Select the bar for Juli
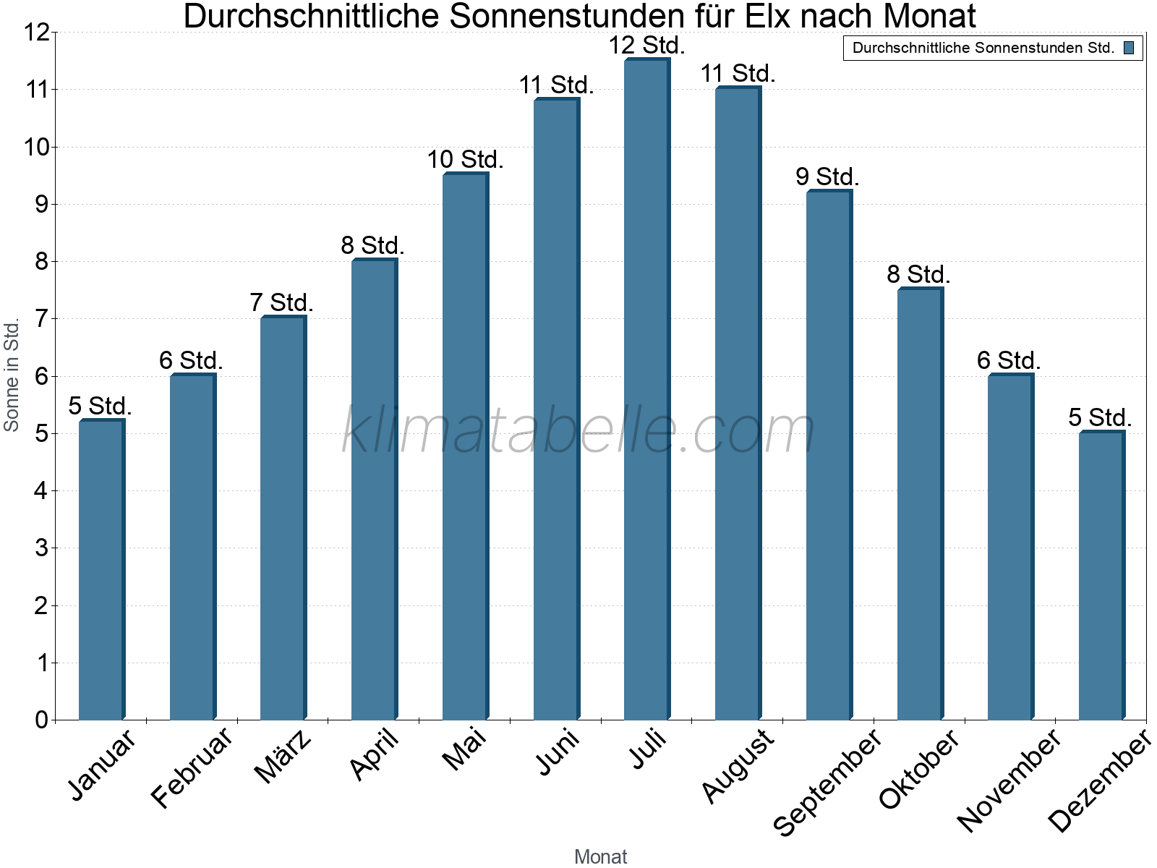646,391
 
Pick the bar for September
829,456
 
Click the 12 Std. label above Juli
646,46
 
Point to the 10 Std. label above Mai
465,159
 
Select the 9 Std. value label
827,176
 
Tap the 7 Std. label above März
281,302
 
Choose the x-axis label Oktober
919,768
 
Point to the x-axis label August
738,765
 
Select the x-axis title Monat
600,856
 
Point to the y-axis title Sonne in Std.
12,376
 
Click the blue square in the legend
1129,48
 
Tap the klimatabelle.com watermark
578,431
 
